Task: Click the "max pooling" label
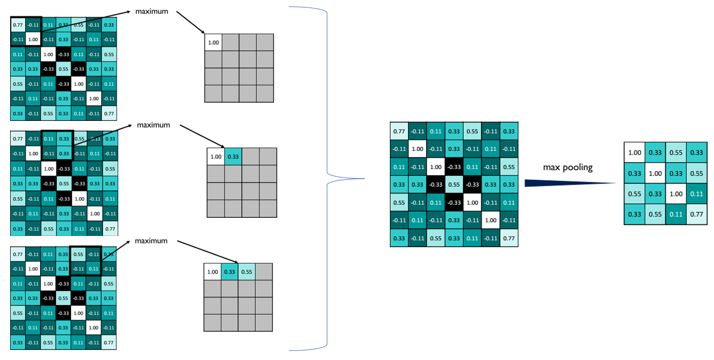568,167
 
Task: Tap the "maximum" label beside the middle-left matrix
153,125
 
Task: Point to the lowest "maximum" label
151,241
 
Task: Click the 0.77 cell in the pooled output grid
696,215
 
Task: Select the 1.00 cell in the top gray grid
213,42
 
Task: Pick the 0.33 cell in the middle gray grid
233,157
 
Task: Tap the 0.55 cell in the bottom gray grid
247,272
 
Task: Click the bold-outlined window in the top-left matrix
26,32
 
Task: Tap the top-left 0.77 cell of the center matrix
399,131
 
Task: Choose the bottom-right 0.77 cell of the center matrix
509,238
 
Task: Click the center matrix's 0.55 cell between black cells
454,185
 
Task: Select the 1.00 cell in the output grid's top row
634,152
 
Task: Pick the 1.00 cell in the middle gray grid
216,157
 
